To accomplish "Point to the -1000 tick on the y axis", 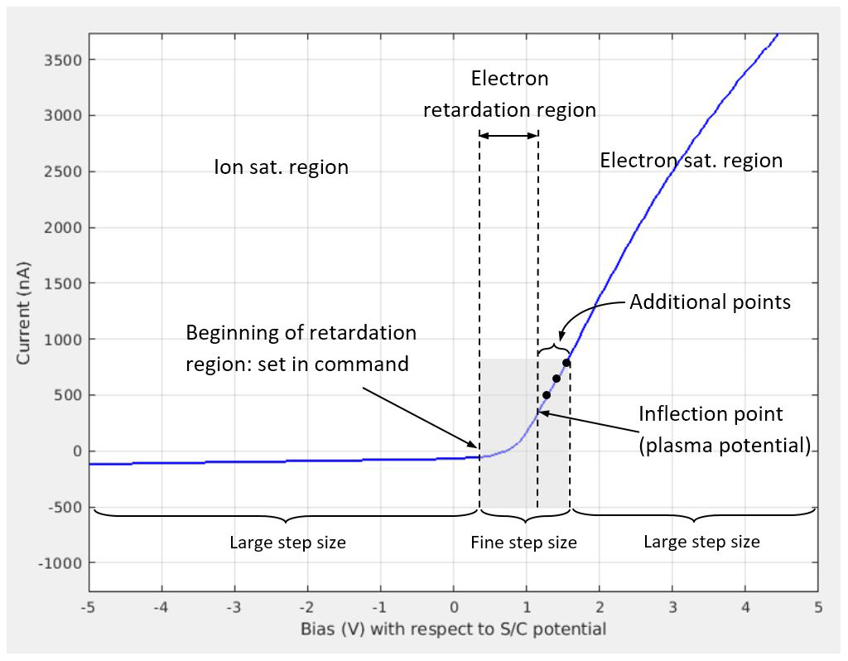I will [x=63, y=563].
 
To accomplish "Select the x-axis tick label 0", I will [x=454, y=607].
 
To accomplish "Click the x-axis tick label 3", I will [x=672, y=607].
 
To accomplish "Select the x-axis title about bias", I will [x=453, y=630].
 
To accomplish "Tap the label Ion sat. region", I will [x=282, y=167].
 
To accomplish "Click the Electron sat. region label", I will [x=691, y=160].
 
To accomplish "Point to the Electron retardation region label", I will [x=509, y=94].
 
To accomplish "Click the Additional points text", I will [x=710, y=302].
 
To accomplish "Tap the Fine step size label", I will [x=523, y=543].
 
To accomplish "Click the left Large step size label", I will [x=287, y=543].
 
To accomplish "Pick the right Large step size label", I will [x=701, y=543].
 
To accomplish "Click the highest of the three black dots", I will [x=566, y=362].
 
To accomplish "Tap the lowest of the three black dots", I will [x=547, y=395].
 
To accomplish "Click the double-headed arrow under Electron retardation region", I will [x=508, y=135].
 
